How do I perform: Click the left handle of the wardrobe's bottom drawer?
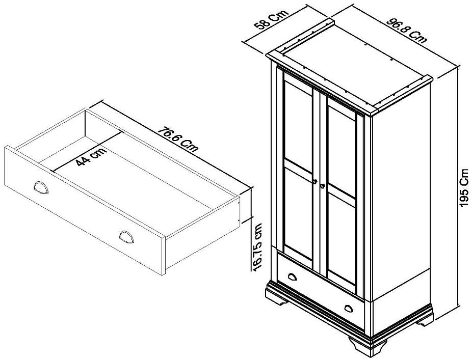[293, 277]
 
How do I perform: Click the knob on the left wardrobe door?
[315, 181]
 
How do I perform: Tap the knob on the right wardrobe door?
[322, 186]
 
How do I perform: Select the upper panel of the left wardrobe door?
[298, 122]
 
